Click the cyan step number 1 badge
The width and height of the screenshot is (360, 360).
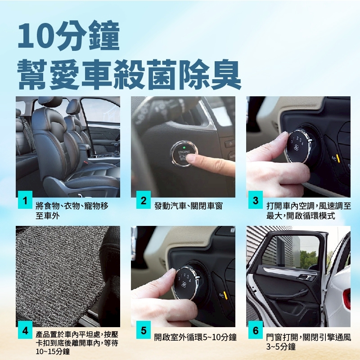click(25, 200)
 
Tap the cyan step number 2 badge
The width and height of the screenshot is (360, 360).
click(144, 200)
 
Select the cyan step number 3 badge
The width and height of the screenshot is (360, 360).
click(256, 200)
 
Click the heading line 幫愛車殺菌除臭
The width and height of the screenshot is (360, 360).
click(129, 74)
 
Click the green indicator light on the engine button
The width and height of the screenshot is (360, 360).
click(184, 148)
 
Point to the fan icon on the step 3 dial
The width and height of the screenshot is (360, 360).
click(296, 148)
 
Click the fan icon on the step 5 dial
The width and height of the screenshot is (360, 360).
click(184, 284)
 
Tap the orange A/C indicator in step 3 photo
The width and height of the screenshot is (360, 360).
click(338, 159)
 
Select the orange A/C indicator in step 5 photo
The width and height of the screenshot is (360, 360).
click(225, 295)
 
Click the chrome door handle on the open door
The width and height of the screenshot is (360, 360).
click(307, 277)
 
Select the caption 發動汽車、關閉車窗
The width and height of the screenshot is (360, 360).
click(189, 206)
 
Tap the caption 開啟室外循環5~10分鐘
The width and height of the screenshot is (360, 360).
click(195, 337)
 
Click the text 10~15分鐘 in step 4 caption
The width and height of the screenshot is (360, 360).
click(53, 351)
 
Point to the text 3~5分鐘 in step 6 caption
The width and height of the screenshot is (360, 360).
click(281, 346)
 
